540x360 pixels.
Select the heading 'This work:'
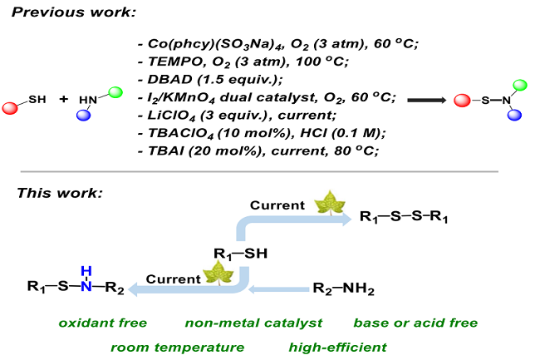pos(60,194)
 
